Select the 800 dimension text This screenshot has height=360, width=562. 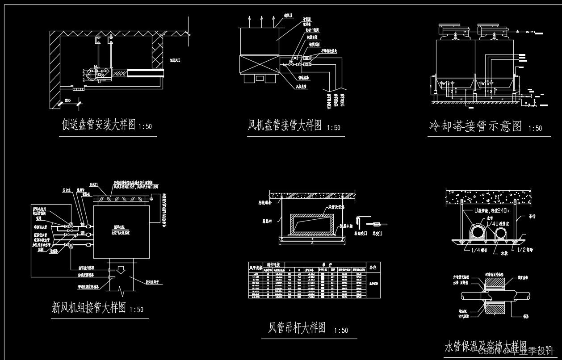(x=67, y=100)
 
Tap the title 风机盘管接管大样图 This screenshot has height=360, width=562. (x=285, y=126)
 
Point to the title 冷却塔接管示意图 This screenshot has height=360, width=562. (x=475, y=126)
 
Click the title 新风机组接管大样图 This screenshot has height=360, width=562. (x=89, y=308)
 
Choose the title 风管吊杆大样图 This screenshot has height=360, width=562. (x=297, y=328)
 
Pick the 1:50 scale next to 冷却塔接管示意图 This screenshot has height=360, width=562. (x=535, y=129)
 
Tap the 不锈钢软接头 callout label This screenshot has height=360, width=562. (x=328, y=51)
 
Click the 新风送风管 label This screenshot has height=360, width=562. (x=153, y=282)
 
